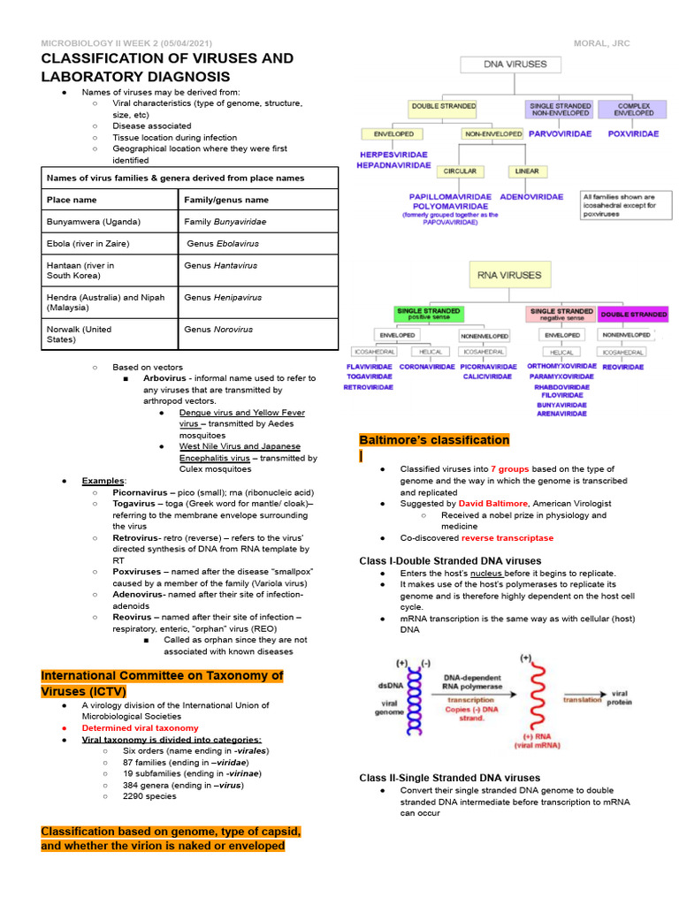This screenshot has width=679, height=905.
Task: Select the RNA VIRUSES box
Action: [x=508, y=275]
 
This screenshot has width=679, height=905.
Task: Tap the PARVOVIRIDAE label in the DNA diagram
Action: [x=561, y=133]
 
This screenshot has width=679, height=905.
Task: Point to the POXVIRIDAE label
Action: [x=633, y=133]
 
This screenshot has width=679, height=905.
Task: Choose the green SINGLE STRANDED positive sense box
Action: [x=428, y=314]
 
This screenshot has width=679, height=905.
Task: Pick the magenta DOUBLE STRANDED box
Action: [x=634, y=315]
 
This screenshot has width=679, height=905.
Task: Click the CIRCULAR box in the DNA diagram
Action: [x=461, y=171]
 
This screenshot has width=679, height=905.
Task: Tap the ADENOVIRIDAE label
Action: [x=531, y=196]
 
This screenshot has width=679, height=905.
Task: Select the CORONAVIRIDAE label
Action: [x=426, y=366]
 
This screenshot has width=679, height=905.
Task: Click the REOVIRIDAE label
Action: [x=622, y=367]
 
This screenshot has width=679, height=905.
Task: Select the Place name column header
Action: [x=72, y=200]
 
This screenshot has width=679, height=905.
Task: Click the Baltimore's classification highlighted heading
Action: [x=434, y=440]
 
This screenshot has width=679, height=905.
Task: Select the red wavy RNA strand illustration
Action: [x=534, y=701]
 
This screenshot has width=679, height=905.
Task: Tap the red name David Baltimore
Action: [x=493, y=503]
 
